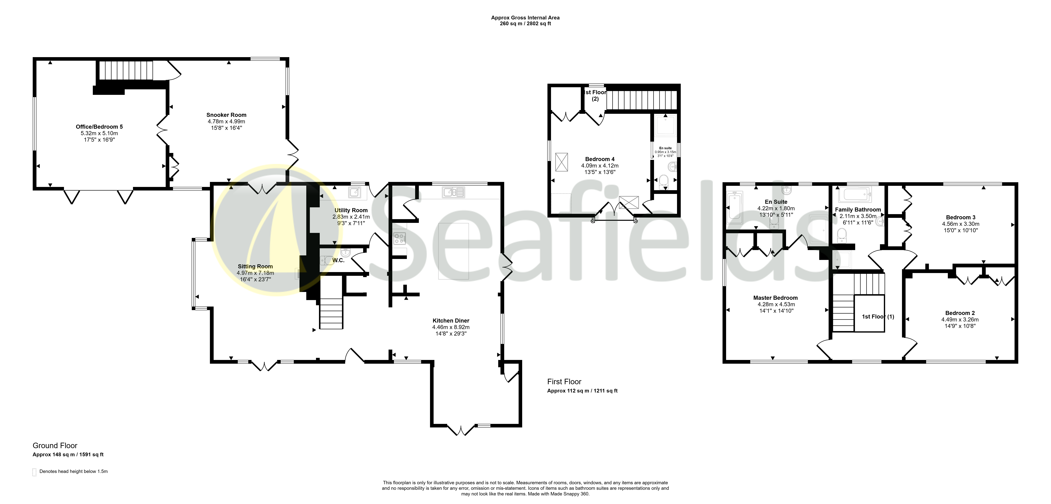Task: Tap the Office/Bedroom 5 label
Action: point(99,127)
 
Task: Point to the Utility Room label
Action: point(351,210)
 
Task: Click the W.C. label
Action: point(338,260)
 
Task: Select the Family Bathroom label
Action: point(858,210)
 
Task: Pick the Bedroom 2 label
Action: point(960,313)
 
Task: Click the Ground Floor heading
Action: point(55,446)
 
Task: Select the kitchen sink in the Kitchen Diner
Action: point(453,192)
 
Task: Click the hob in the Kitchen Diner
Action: point(399,238)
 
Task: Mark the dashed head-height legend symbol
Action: point(34,472)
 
